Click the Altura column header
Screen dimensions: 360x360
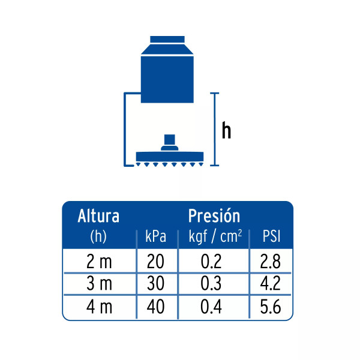[98, 216]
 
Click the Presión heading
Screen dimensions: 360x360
[214, 216]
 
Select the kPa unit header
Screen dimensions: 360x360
[155, 236]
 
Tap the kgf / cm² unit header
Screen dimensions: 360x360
[215, 236]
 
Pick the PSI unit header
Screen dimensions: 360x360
[272, 236]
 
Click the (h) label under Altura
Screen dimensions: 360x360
[98, 236]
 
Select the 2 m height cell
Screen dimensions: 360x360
[99, 262]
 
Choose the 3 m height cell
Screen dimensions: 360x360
[99, 283]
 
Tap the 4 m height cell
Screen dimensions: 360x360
[99, 307]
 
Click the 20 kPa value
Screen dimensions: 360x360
[155, 261]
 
